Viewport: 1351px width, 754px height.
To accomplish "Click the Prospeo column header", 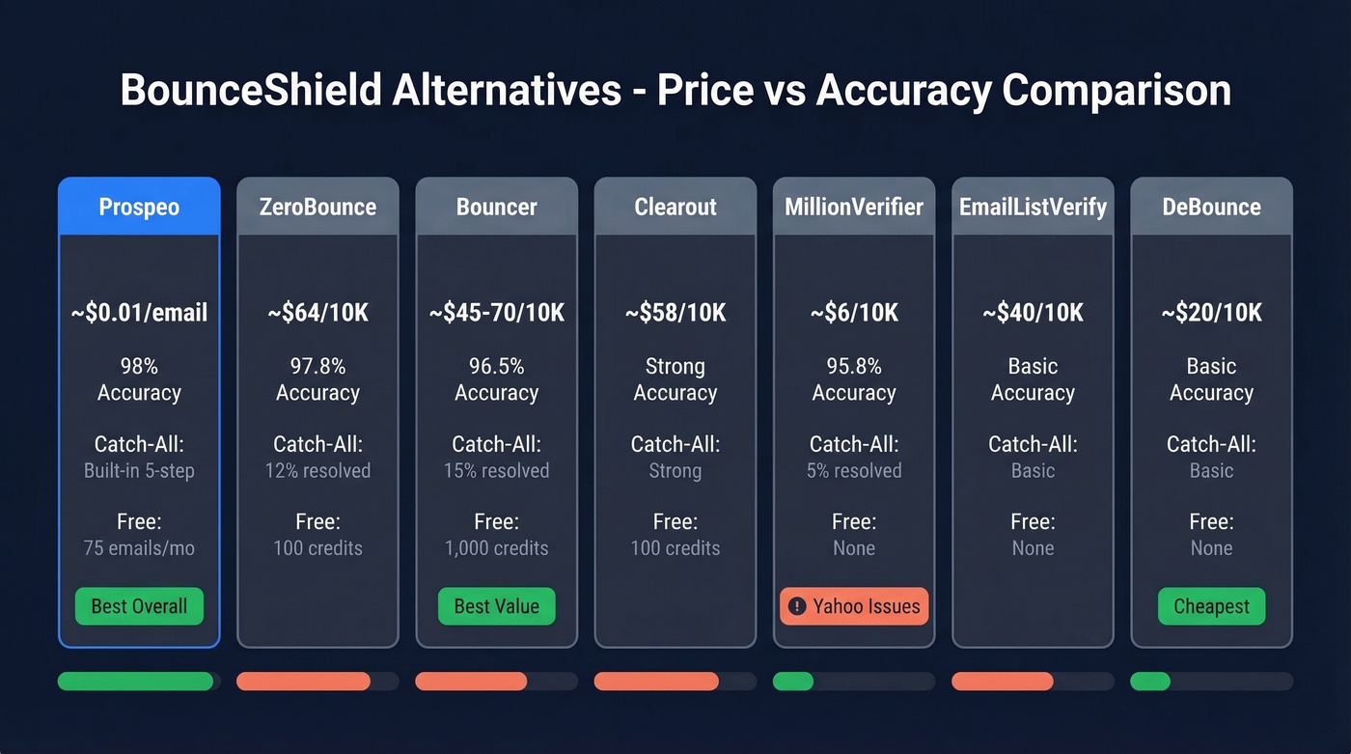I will point(139,207).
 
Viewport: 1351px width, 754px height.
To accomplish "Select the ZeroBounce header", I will point(317,207).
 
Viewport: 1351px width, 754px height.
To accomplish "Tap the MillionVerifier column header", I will point(854,207).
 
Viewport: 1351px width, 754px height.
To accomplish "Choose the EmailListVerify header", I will point(1033,207).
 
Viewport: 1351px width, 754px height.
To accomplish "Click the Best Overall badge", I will point(139,606).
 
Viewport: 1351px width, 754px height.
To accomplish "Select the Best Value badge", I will point(497,606).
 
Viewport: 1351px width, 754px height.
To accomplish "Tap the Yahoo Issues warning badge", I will point(854,606).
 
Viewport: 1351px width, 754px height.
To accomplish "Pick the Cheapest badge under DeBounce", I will point(1211,606).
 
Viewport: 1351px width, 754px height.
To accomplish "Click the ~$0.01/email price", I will point(139,313).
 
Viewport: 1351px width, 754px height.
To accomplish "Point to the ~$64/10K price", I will point(317,313).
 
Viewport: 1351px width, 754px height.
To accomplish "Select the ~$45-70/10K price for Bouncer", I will point(497,313).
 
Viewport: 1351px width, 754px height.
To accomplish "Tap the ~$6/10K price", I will point(854,313).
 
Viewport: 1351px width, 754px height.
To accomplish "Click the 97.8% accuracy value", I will point(317,367).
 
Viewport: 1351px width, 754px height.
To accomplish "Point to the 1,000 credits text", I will point(497,548).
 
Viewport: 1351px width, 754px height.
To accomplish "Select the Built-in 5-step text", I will point(139,471).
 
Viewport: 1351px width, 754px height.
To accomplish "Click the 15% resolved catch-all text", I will point(497,471).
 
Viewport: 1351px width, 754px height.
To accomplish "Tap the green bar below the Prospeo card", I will point(135,681).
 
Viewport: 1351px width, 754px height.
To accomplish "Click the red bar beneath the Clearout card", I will point(656,681).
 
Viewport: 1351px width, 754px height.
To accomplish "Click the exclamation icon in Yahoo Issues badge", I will point(797,606).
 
